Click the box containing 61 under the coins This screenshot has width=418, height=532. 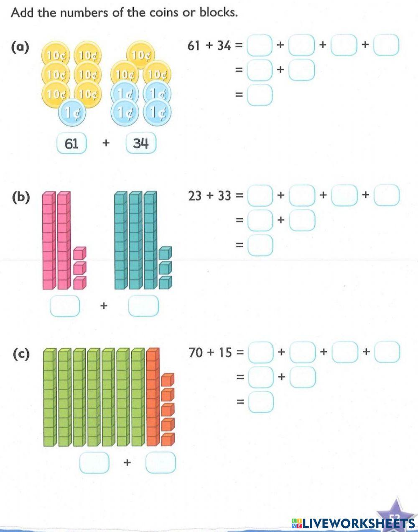tap(71, 144)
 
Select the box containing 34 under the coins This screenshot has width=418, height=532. tap(140, 144)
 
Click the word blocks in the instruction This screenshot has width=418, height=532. tap(218, 13)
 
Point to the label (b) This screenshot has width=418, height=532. tap(20, 197)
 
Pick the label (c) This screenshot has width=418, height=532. tap(20, 354)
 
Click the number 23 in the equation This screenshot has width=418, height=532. tap(195, 195)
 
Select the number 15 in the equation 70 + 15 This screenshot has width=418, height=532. tap(225, 352)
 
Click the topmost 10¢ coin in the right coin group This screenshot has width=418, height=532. tap(141, 55)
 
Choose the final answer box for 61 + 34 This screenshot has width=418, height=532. tap(260, 95)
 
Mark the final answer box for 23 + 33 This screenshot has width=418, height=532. tap(260, 245)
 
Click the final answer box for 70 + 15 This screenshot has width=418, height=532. tap(261, 402)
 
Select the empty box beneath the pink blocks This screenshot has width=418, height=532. tap(64, 306)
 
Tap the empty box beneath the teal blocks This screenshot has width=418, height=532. tap(143, 306)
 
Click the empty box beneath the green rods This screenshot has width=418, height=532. tap(94, 463)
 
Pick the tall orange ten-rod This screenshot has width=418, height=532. tap(153, 397)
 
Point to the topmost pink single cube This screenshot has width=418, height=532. tap(79, 253)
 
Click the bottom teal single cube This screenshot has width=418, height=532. tap(165, 283)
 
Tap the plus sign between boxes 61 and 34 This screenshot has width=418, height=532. tap(106, 144)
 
